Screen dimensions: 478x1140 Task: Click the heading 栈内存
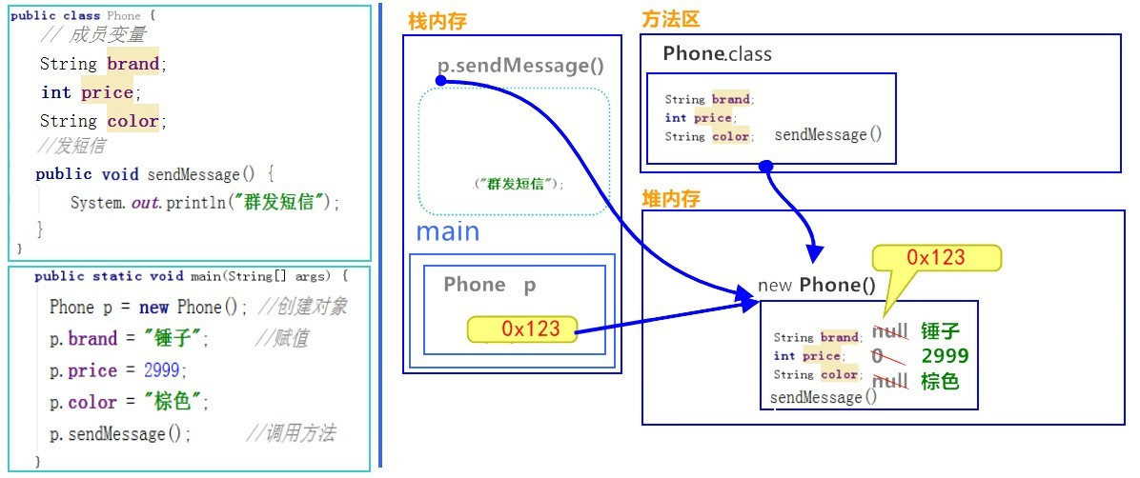[x=437, y=22]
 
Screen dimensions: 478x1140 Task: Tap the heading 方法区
[x=671, y=20]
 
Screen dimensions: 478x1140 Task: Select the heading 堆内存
[x=671, y=199]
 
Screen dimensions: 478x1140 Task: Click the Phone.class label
[x=717, y=54]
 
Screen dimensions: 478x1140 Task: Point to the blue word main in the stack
[x=448, y=231]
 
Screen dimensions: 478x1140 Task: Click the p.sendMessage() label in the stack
[x=520, y=66]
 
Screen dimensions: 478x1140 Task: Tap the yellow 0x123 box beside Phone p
[x=523, y=329]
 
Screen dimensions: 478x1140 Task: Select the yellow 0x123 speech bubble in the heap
[x=936, y=258]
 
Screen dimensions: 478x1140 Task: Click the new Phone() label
[x=816, y=285]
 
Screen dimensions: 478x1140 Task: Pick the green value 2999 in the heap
[x=945, y=356]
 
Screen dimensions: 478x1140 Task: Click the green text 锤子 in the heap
[x=940, y=331]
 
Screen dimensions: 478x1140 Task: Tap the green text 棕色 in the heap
[x=940, y=382]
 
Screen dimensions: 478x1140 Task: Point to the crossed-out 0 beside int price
[x=878, y=356]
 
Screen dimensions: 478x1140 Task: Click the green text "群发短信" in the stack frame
[x=519, y=184]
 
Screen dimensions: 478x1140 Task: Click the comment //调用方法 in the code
[x=290, y=434]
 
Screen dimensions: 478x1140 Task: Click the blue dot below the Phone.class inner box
[x=765, y=167]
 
